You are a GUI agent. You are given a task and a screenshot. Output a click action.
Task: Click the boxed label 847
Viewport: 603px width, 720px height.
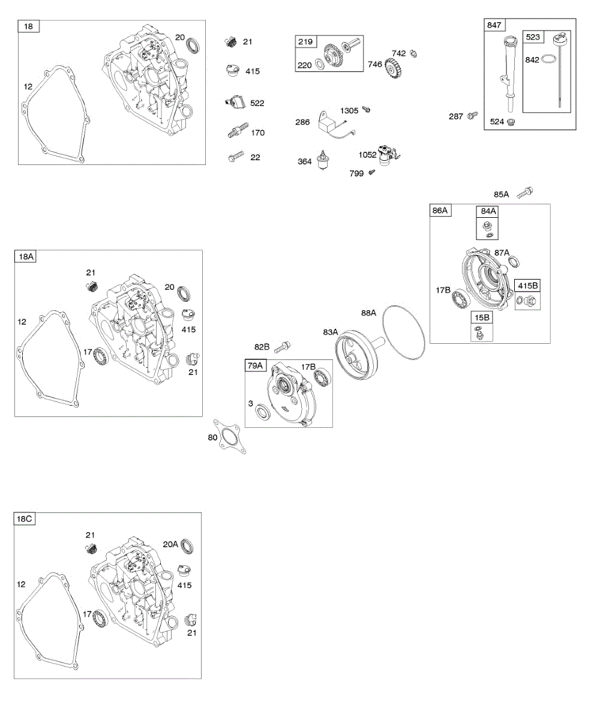(495, 25)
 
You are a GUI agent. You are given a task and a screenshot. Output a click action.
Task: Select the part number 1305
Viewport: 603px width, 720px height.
(349, 110)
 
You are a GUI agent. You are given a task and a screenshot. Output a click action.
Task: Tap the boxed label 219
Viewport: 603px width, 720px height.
(305, 41)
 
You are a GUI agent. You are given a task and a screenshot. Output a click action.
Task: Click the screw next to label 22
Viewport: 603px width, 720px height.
(235, 157)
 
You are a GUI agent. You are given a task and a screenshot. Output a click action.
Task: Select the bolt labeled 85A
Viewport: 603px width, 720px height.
(526, 192)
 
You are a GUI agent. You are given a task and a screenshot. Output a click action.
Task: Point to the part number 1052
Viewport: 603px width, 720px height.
(368, 154)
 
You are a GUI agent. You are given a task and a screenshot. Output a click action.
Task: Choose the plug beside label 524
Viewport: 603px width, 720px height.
(512, 122)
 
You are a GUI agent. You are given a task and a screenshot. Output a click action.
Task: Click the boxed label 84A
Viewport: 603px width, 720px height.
(488, 211)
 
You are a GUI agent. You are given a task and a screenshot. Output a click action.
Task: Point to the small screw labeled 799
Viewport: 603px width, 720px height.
(371, 173)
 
